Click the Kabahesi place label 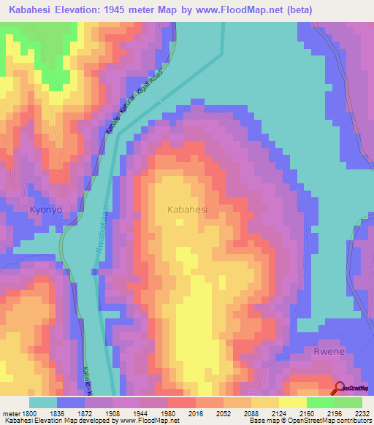188,209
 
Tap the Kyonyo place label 45,209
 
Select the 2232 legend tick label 362,413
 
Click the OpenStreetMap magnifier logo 340,389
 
